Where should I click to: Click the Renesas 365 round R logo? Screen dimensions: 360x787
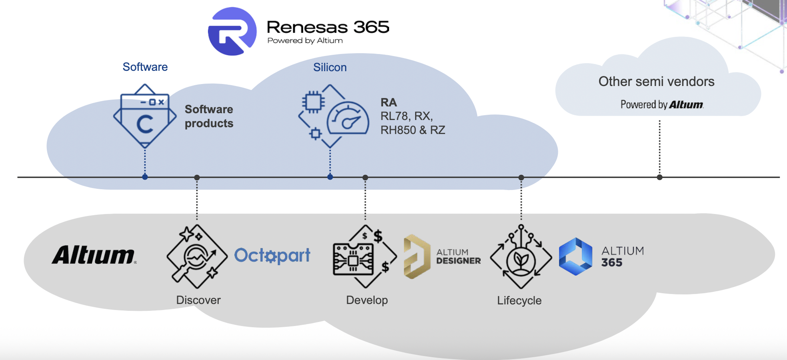click(x=232, y=31)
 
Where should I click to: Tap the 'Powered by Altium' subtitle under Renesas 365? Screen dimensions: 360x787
click(x=305, y=41)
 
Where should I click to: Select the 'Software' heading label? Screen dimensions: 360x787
click(x=145, y=67)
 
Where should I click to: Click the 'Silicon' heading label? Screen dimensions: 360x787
click(x=330, y=67)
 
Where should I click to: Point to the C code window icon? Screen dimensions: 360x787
click(x=145, y=116)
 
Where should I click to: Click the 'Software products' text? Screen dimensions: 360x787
click(x=209, y=116)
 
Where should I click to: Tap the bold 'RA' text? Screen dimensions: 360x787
click(x=388, y=102)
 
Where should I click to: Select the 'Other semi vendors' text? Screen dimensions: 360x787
click(x=656, y=82)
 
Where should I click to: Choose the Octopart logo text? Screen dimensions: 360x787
click(x=272, y=255)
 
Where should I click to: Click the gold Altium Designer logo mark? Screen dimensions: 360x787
click(x=416, y=256)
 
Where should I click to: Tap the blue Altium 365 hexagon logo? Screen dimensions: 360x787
click(x=575, y=256)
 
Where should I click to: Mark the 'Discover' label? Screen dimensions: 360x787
click(x=198, y=300)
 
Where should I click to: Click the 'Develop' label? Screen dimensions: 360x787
click(x=367, y=300)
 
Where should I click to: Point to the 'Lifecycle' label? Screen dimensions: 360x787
click(x=519, y=300)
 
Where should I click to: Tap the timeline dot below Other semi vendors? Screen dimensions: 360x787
click(x=659, y=177)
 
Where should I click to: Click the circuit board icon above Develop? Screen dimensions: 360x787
click(x=354, y=259)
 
